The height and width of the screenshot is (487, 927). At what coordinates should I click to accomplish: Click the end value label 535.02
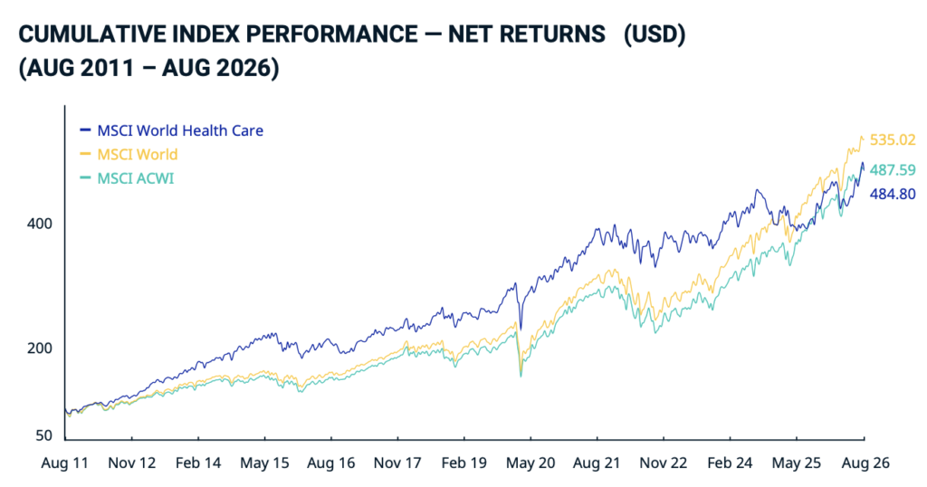[x=892, y=140]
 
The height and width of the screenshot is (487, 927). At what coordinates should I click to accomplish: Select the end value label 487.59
[x=892, y=170]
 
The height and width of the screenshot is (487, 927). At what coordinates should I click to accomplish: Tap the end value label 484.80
[x=892, y=194]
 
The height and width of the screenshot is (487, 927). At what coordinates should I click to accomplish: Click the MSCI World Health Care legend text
[x=180, y=130]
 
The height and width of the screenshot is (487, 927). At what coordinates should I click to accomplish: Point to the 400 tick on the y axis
[x=40, y=224]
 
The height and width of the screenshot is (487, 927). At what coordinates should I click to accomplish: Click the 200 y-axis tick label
[x=40, y=349]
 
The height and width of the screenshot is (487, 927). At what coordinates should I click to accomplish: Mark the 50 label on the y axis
[x=43, y=435]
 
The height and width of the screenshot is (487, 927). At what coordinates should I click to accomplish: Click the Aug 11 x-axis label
[x=64, y=463]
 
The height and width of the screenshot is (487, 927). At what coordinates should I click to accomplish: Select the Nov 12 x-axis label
[x=132, y=463]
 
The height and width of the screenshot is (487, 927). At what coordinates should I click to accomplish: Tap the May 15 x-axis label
[x=264, y=463]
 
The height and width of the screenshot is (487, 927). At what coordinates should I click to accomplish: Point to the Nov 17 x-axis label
[x=397, y=463]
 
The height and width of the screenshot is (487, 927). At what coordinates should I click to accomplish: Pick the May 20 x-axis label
[x=530, y=463]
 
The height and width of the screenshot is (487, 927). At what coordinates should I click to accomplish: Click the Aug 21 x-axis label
[x=597, y=463]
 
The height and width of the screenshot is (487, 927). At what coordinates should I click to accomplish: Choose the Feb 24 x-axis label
[x=730, y=463]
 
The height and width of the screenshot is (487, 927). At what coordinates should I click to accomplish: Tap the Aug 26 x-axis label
[x=865, y=463]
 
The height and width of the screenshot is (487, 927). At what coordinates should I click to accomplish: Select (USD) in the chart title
[x=655, y=34]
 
